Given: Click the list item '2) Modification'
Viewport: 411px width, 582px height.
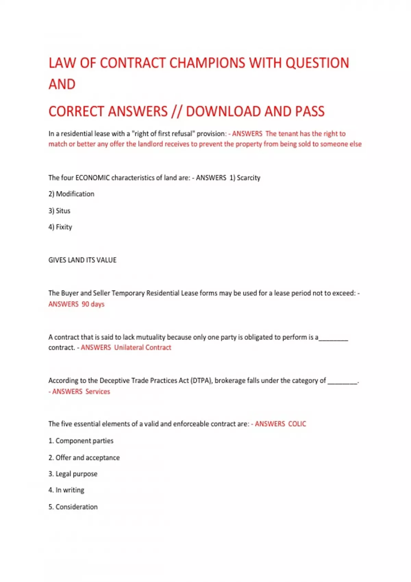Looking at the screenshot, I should [x=71, y=194].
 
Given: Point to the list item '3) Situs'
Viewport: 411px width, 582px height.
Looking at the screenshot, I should [x=59, y=211].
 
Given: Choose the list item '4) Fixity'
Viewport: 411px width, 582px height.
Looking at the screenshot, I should [x=60, y=227].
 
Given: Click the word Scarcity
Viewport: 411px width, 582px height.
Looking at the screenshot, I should [x=248, y=178].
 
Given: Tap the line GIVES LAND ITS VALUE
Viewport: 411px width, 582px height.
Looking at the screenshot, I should [x=82, y=260].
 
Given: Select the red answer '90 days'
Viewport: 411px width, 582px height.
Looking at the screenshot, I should [x=93, y=304].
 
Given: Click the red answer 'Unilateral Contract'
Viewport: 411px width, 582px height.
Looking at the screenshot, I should [x=142, y=347].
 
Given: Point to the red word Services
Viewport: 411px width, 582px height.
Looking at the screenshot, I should [x=98, y=392].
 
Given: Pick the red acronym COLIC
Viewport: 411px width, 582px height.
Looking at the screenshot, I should [x=297, y=424].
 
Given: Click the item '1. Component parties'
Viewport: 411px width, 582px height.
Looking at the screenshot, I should [x=81, y=441].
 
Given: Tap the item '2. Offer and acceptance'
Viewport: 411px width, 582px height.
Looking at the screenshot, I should [x=84, y=458].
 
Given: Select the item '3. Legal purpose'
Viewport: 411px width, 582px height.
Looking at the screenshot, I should [x=73, y=474].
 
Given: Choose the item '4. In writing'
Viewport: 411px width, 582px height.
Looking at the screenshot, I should [x=66, y=490].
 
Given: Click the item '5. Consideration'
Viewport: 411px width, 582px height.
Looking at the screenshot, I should [x=73, y=507].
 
